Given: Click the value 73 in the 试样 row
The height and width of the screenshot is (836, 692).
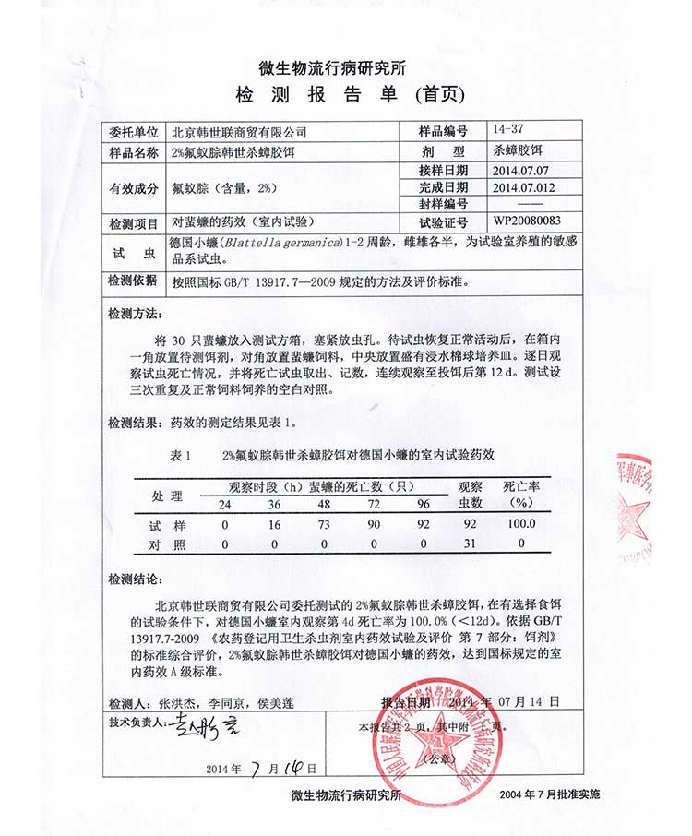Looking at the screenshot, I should [323, 524].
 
